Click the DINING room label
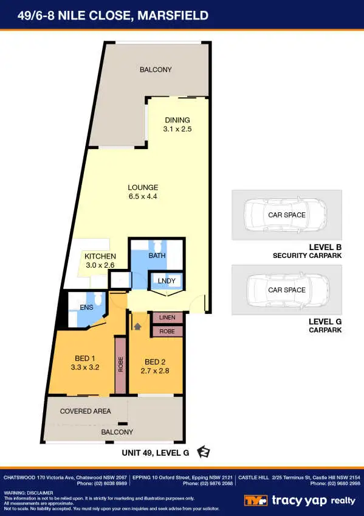point(177,120)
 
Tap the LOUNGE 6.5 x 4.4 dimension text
point(143,197)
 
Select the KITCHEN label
point(100,256)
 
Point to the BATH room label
point(157,256)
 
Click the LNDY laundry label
point(167,281)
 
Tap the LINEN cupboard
point(167,318)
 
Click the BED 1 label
point(85,358)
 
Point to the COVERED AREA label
point(86,411)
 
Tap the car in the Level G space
point(286,290)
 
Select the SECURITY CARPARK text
point(307,256)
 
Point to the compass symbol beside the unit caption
point(204,452)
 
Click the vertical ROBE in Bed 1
point(120,364)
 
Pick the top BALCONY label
point(156,70)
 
